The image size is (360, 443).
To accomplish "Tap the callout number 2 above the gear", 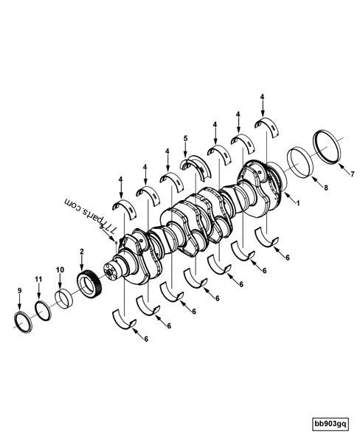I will tap(82, 252).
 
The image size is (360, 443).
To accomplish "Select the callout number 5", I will tap(185, 138).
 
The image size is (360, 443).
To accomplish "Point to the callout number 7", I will tap(352, 175).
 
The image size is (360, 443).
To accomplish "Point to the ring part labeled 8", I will tap(299, 160).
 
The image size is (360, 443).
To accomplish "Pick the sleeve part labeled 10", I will tap(64, 297).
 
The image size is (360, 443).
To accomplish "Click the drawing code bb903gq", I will tap(330, 425).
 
